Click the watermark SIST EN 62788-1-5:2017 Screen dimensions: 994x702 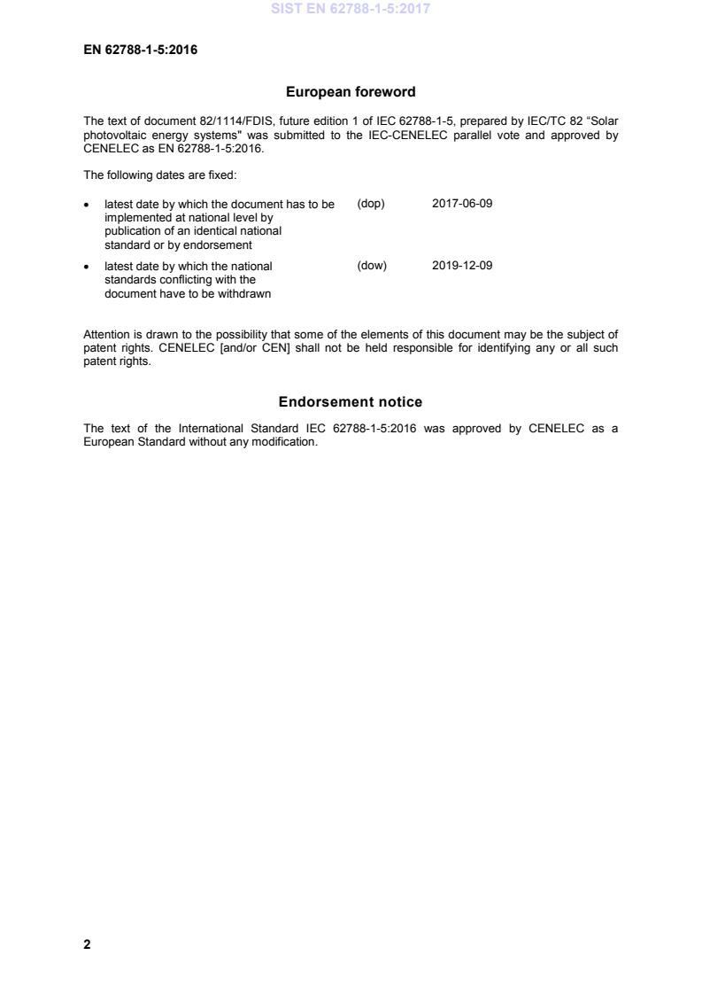(x=351, y=11)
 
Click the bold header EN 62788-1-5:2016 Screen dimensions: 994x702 (x=140, y=50)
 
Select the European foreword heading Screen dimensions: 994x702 (x=351, y=91)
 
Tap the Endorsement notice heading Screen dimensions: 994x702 (x=351, y=402)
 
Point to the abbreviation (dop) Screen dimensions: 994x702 (x=371, y=204)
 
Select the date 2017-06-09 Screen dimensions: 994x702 (x=462, y=204)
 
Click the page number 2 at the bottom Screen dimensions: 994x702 (x=87, y=944)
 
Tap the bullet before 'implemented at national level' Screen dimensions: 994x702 (x=86, y=205)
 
